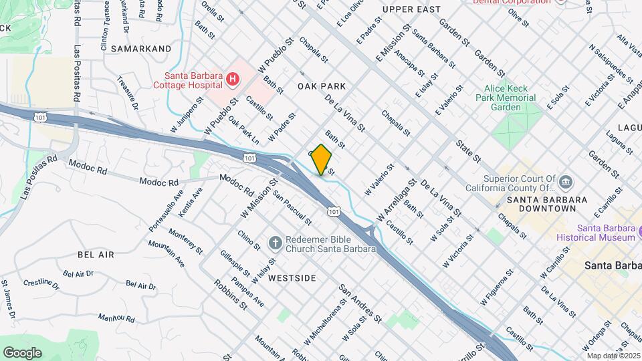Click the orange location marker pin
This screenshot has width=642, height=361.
[322, 160]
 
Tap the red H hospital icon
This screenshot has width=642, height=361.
[232, 80]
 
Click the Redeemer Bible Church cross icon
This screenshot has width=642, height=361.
[274, 242]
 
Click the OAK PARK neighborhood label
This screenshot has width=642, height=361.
[322, 86]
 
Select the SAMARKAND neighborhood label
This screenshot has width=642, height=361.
[141, 49]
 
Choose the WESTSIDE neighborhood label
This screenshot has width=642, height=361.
[292, 278]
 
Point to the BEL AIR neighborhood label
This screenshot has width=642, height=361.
[96, 255]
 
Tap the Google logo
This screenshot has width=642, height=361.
[22, 352]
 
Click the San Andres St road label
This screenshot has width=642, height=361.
[360, 303]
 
